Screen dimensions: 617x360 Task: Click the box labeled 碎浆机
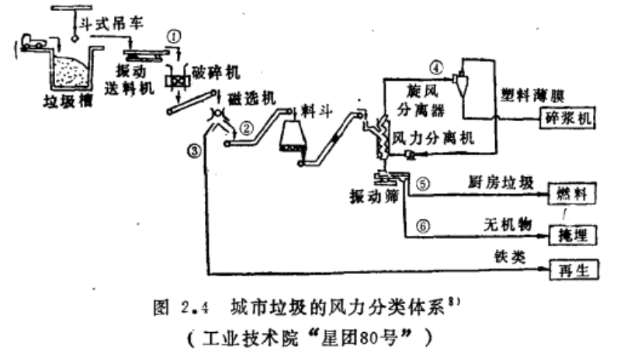567,117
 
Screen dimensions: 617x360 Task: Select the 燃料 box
572,193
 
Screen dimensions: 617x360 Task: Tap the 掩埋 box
573,235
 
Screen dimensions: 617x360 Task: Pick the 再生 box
574,270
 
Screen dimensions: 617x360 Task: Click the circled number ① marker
174,36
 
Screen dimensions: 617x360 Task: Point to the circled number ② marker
246,128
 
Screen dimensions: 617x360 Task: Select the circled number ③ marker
195,151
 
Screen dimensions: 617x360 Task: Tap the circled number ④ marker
436,67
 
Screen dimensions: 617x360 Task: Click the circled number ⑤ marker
423,184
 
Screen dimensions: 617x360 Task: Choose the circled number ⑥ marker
423,226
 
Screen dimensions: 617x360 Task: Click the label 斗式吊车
111,23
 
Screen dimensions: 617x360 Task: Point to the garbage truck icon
33,42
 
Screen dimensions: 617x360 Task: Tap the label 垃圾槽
68,101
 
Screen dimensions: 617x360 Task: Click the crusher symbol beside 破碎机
177,81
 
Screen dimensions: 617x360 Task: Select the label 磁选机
251,99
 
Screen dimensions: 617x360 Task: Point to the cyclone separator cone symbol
461,81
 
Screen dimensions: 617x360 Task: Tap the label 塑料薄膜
532,95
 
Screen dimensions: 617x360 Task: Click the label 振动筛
374,196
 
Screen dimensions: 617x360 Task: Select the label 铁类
510,257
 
